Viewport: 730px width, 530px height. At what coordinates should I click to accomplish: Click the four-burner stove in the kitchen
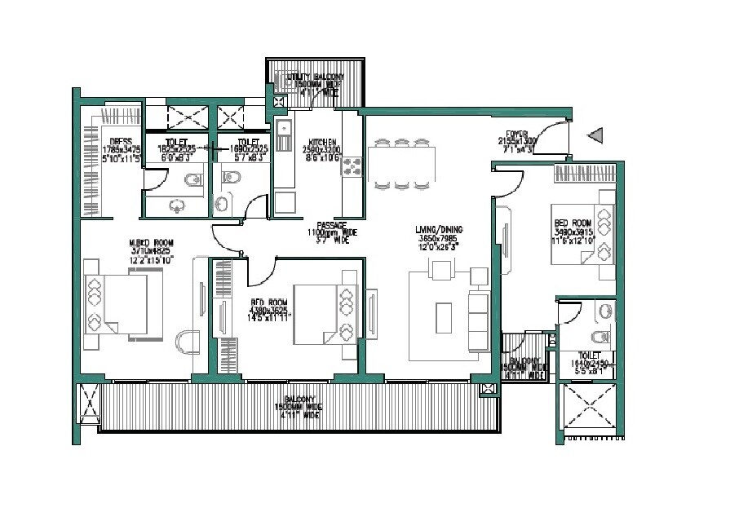click(352, 167)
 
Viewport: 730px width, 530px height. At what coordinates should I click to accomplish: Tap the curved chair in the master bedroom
click(188, 342)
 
